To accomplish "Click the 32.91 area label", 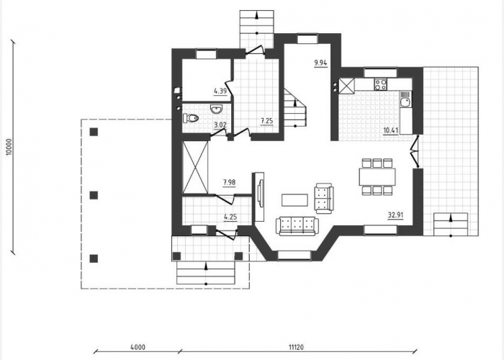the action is point(395,215).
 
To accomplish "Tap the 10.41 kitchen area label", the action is point(391,130).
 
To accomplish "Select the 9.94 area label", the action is point(320,63).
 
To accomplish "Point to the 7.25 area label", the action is point(267,121).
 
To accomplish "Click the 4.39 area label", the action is point(220,91).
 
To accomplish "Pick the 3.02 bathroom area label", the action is point(220,125).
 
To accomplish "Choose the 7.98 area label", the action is point(229,182).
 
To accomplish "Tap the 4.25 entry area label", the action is point(230,217).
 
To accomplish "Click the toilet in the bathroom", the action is point(191,118).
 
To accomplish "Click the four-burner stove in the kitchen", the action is point(380,84).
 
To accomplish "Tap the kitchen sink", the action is point(405,99).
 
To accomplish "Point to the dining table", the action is point(377,176).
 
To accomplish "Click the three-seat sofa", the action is point(297,226).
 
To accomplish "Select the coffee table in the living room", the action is point(294,200).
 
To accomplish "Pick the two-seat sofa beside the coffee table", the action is point(324,198).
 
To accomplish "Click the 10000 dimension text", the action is point(9,147).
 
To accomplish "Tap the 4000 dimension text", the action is point(138,347).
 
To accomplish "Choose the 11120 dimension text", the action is point(296,347).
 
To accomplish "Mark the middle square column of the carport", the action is point(94,195).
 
